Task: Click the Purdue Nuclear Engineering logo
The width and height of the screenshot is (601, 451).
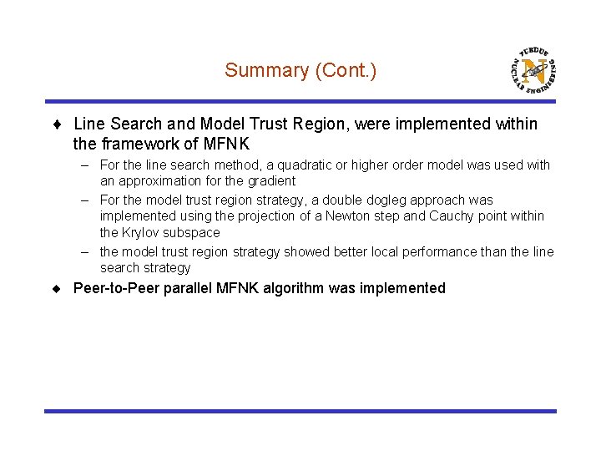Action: [533, 68]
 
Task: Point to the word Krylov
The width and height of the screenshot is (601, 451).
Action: [144, 232]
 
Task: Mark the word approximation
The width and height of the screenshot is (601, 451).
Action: [162, 180]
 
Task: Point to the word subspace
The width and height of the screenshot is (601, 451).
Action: [196, 232]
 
